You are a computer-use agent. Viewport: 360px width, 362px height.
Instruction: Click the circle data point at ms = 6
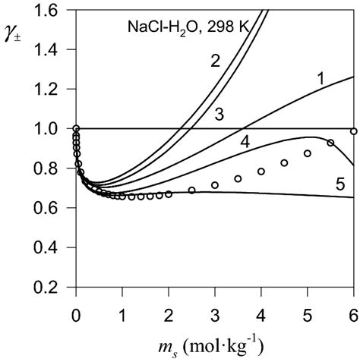tap(353, 131)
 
